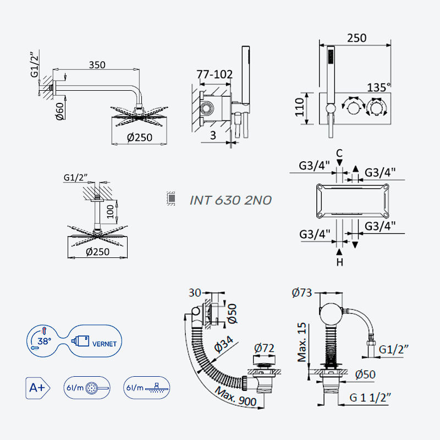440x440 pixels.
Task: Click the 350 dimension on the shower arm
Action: pyautogui.click(x=97, y=65)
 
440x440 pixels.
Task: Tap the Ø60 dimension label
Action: pyautogui.click(x=60, y=112)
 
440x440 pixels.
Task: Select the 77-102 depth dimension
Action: pyautogui.click(x=215, y=74)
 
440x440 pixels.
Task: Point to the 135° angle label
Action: pyautogui.click(x=378, y=87)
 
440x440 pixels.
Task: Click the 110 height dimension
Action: pyautogui.click(x=300, y=107)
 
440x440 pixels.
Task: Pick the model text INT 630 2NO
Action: pyautogui.click(x=230, y=200)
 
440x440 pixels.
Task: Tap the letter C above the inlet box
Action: pyautogui.click(x=339, y=153)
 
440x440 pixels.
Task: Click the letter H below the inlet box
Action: pyautogui.click(x=339, y=262)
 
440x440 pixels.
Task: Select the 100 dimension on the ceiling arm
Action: pyautogui.click(x=111, y=212)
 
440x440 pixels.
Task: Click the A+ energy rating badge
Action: pyautogui.click(x=37, y=388)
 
